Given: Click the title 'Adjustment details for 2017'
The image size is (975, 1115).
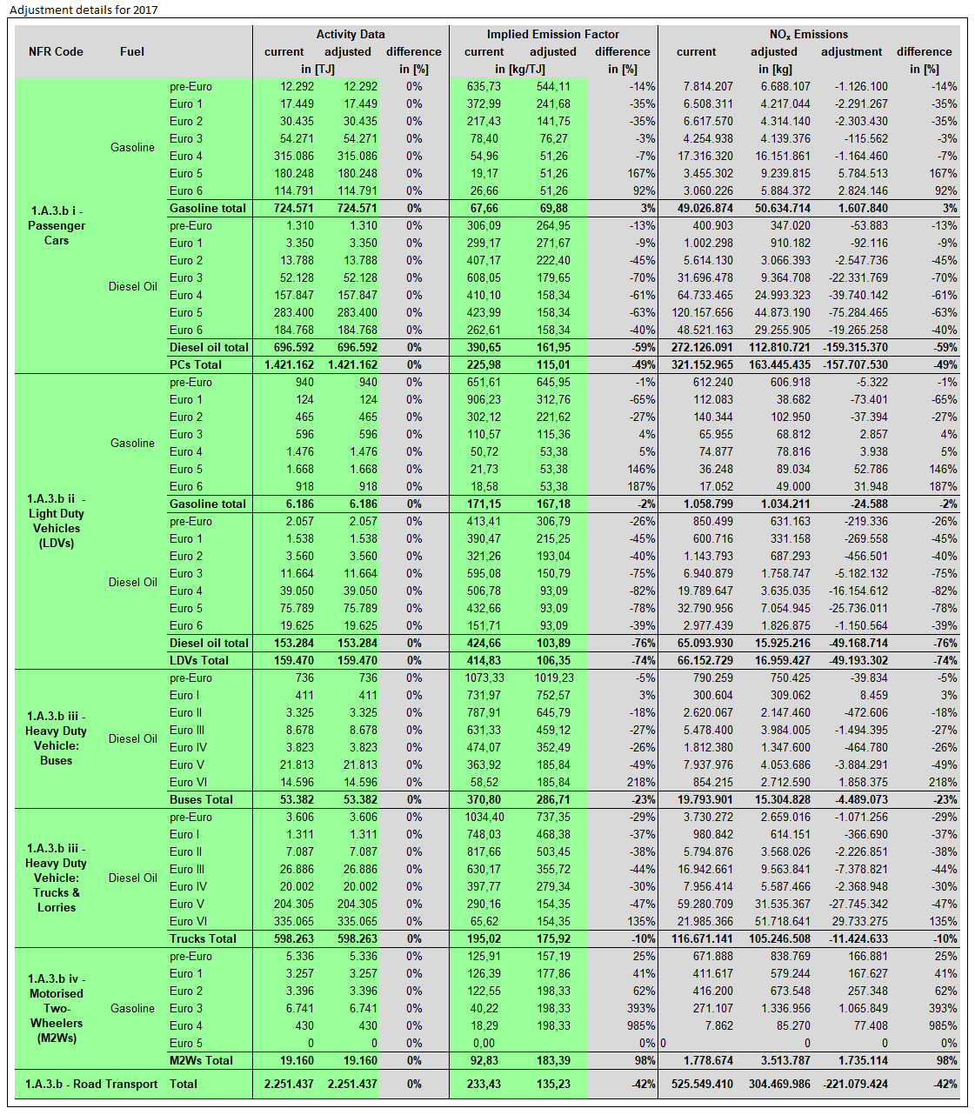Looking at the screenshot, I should point(83,10).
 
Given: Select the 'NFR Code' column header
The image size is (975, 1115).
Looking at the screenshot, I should point(56,51).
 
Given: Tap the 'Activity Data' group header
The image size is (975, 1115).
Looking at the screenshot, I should point(351,34).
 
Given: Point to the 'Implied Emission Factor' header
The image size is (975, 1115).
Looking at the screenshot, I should point(552,34).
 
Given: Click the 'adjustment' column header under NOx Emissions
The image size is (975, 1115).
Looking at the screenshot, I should point(851,51).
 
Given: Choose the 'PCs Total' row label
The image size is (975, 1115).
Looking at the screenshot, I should point(196,364).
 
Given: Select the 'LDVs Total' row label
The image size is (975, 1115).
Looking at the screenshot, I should point(199,660).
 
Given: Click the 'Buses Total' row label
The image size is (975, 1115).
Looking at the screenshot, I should point(201,799).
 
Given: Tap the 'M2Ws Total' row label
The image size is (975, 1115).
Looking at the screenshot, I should point(201,1060).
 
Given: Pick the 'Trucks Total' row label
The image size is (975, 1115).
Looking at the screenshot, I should point(203,938).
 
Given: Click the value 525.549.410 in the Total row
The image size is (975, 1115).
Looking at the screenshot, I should point(702,1084).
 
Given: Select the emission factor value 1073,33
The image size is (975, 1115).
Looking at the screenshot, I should point(484,678).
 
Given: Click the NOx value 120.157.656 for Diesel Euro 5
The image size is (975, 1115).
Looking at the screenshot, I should point(702,312).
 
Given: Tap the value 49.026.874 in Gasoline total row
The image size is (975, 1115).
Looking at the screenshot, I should point(703,208).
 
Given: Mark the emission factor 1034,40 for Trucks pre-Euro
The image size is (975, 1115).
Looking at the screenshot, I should point(484,817).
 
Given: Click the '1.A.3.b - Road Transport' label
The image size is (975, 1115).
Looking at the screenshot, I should point(91,1084).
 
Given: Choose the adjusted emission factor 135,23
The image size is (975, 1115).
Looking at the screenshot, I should point(553,1084).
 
